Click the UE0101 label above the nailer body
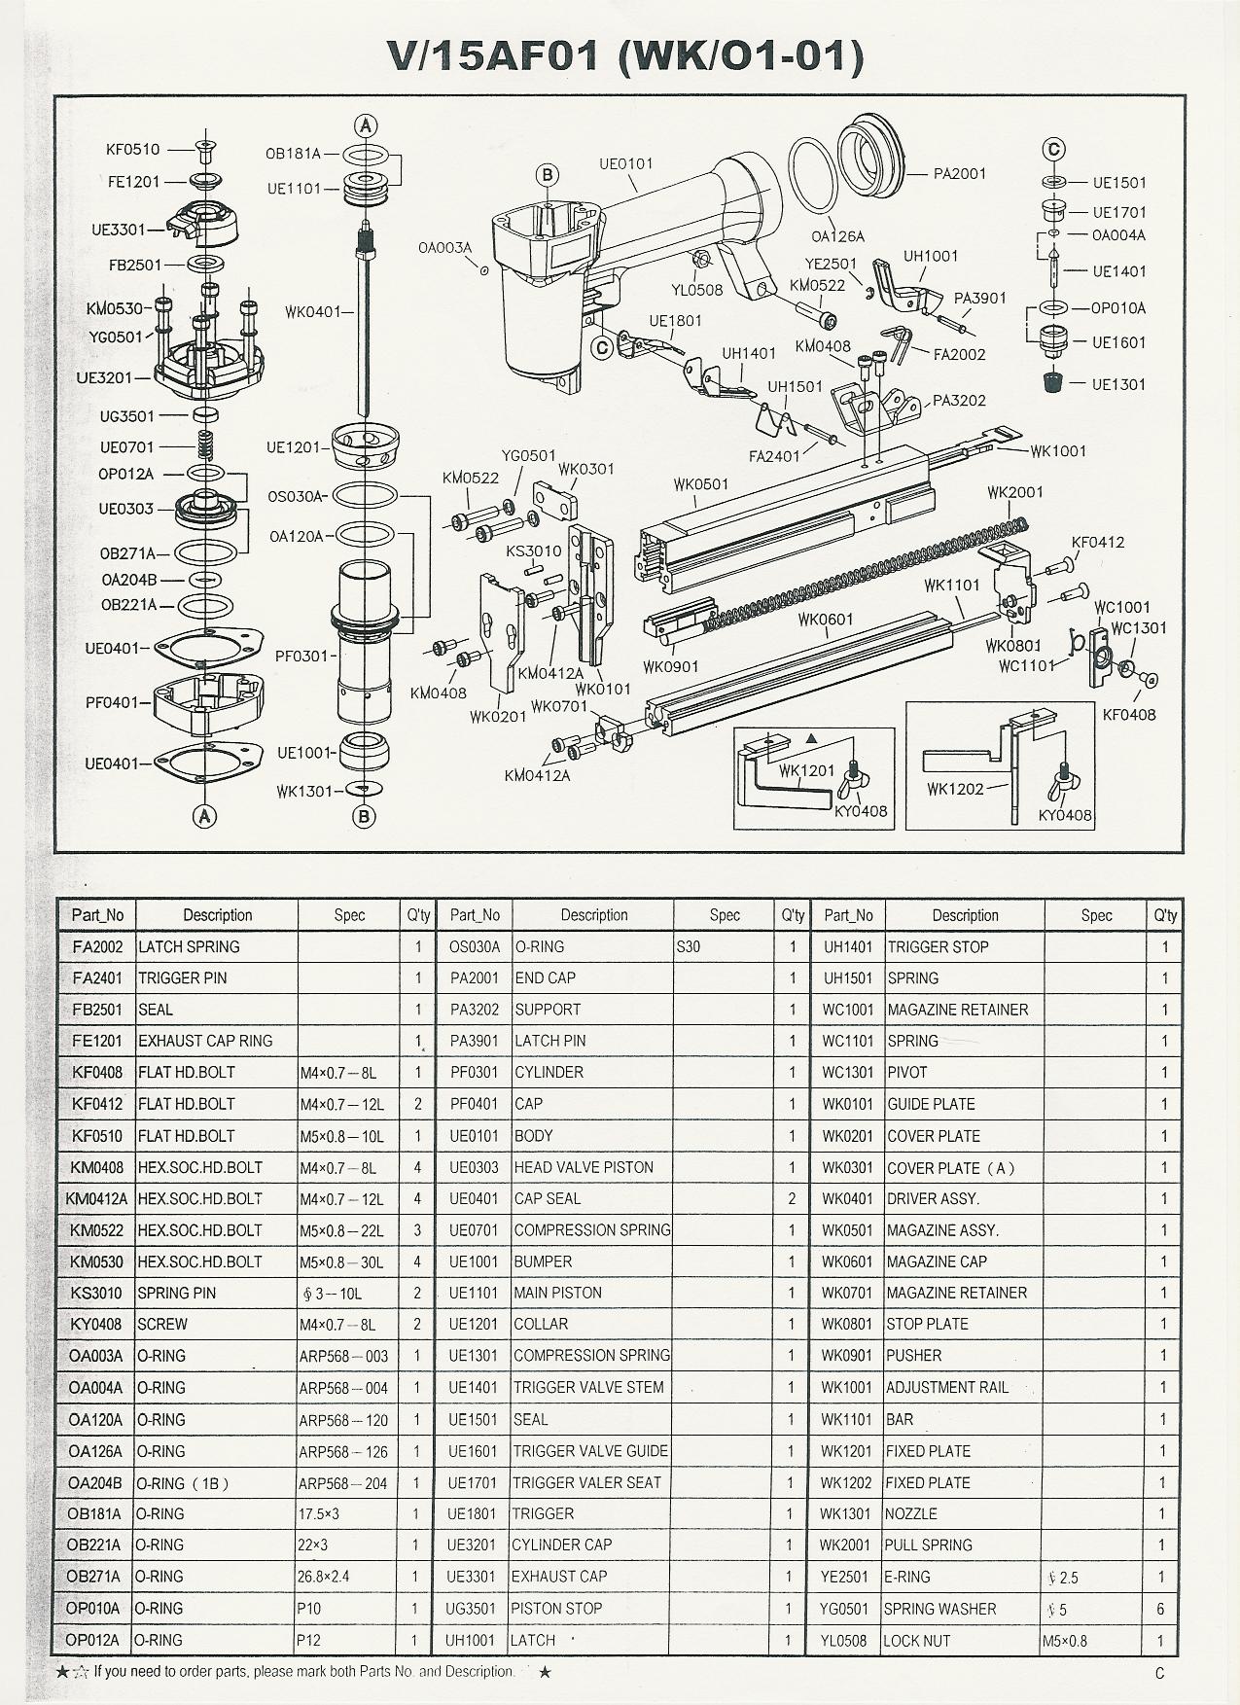626,163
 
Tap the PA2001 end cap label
960,174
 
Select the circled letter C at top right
1053,150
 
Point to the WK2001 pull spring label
1014,492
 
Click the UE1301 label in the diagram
1118,384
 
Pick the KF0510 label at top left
132,150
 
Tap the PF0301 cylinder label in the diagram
301,656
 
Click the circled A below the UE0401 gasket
205,817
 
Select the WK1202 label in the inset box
955,789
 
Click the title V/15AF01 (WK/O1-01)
625,56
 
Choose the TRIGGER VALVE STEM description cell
588,1387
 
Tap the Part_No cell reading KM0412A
97,1198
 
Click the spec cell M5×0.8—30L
341,1261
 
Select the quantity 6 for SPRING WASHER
1160,1609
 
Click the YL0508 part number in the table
843,1640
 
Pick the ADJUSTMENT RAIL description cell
947,1387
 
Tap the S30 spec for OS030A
688,946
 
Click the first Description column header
217,915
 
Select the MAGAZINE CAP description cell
937,1261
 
